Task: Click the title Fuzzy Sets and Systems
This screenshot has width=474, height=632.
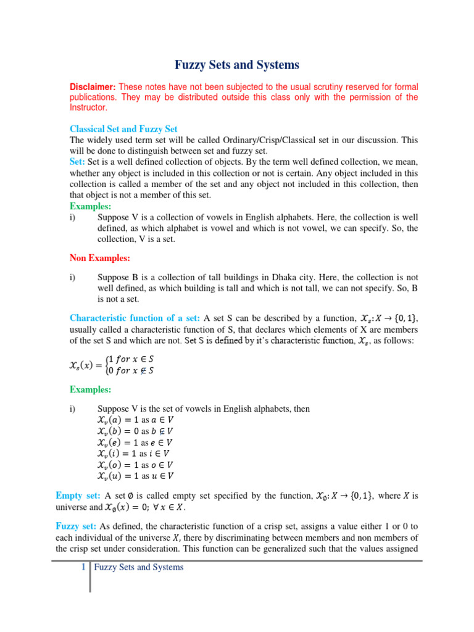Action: click(x=237, y=65)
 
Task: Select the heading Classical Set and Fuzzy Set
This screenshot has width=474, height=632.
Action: click(x=123, y=129)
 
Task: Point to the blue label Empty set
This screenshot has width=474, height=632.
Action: click(x=78, y=496)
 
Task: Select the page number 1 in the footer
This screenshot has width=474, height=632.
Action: click(x=83, y=567)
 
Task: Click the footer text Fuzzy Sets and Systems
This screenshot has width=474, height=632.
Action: click(x=139, y=567)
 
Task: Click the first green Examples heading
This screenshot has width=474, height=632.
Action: click(x=91, y=206)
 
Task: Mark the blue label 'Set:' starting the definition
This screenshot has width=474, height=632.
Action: click(x=78, y=161)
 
